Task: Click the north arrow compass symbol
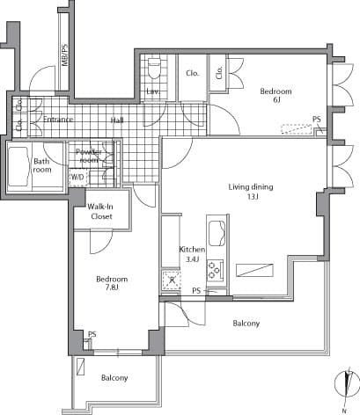(x=347, y=385)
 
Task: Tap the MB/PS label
(x=64, y=58)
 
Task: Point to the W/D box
(x=78, y=177)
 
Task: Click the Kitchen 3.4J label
(x=192, y=254)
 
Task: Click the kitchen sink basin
(x=216, y=232)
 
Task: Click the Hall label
(x=117, y=120)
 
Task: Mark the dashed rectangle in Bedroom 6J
(x=298, y=128)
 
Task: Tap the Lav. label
(x=152, y=91)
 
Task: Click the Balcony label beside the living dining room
(x=246, y=324)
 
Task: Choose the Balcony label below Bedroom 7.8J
(x=114, y=378)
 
